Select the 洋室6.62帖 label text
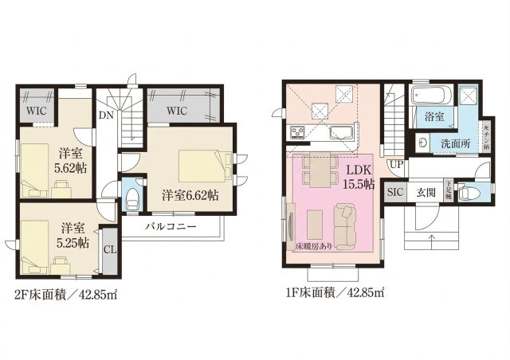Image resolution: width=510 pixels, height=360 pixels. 192,194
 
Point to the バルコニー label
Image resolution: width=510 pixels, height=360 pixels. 171,225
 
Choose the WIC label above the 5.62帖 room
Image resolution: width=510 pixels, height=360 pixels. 34,111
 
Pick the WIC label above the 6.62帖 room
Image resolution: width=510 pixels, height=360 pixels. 177,111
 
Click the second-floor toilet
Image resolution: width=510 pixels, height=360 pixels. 133,196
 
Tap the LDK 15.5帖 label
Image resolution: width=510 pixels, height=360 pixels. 356,177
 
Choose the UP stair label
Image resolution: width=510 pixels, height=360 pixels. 394,165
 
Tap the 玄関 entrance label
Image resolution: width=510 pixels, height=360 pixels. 425,193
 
